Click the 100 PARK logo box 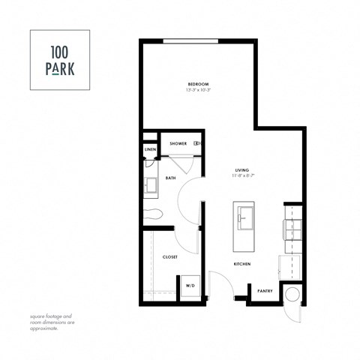coord(59,60)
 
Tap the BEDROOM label coord(198,83)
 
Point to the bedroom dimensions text coord(198,90)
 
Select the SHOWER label coord(178,143)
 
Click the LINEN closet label coord(150,150)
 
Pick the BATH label coord(170,178)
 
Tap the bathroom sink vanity coord(151,184)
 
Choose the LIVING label coord(241,170)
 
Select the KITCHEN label coord(241,264)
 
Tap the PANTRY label coord(265,290)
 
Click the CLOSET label coord(170,256)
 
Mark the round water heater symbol coord(292,294)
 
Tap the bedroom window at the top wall coord(191,40)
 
